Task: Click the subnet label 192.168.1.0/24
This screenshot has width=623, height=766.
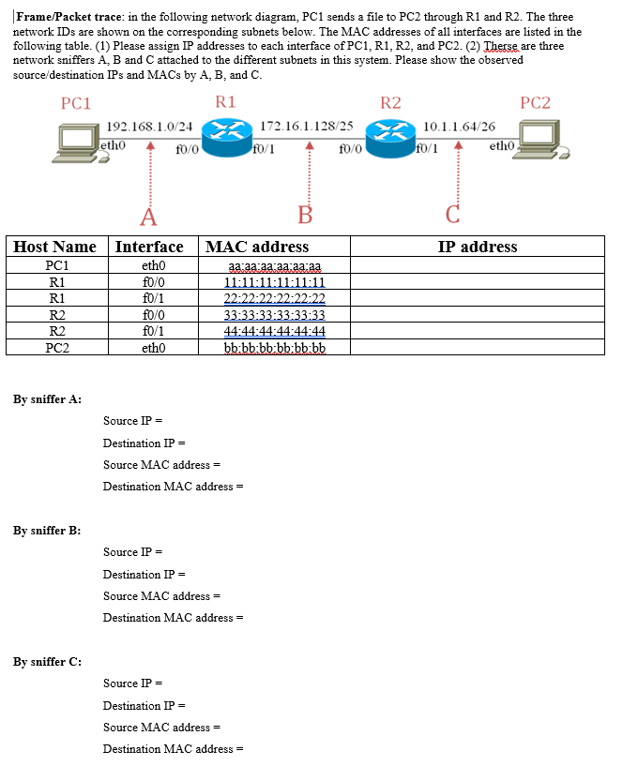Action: (150, 126)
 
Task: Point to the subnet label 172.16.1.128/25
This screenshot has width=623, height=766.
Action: (306, 125)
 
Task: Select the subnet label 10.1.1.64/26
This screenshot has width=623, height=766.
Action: (460, 125)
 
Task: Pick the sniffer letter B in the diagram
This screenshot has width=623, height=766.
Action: (304, 216)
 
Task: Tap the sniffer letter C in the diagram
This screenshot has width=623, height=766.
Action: (452, 217)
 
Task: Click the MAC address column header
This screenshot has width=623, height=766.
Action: (256, 247)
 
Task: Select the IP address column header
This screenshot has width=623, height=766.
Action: (477, 247)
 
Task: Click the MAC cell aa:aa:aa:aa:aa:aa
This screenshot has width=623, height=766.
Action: (274, 266)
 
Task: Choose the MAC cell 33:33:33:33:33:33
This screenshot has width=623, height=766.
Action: (274, 315)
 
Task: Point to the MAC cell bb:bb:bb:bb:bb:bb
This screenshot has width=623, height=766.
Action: (274, 348)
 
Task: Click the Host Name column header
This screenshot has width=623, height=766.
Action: (55, 247)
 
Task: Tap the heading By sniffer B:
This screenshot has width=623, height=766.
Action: (47, 531)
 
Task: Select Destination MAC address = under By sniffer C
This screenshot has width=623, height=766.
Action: (173, 749)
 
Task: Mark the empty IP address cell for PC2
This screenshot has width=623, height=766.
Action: (477, 348)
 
